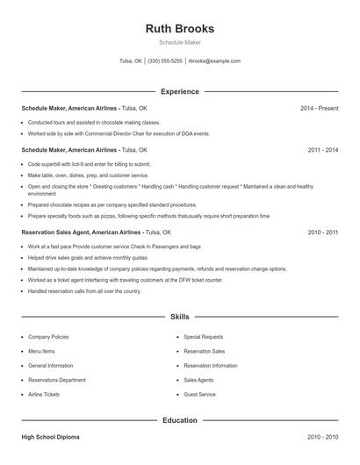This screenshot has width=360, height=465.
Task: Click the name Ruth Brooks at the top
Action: tap(179, 28)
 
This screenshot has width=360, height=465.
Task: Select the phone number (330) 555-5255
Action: tap(165, 61)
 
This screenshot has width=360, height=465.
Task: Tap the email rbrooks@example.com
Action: tap(214, 61)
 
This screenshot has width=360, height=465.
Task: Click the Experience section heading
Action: tap(179, 91)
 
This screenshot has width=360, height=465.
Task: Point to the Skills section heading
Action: tap(179, 316)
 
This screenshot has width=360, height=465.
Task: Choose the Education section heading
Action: tap(179, 420)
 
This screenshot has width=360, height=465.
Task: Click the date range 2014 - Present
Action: tap(319, 108)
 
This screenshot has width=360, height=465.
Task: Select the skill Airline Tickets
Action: tap(46, 395)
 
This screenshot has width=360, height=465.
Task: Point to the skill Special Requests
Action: tap(203, 337)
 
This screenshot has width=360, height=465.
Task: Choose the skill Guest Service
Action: tap(199, 395)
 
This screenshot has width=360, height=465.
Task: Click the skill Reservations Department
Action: tap(57, 380)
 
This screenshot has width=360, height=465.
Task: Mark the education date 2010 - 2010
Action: tap(322, 436)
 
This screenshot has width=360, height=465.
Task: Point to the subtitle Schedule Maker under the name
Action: tap(179, 43)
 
